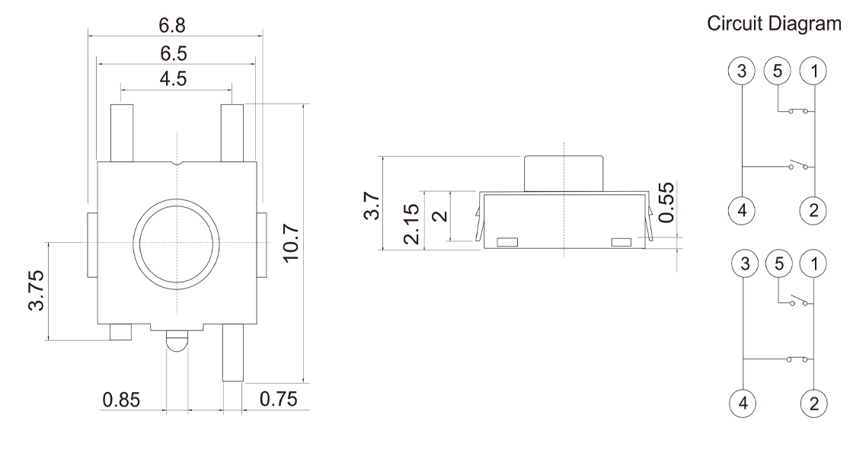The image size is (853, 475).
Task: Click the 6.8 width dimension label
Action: [x=175, y=25]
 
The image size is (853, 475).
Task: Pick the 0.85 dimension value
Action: [x=121, y=400]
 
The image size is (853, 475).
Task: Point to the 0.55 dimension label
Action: [x=667, y=202]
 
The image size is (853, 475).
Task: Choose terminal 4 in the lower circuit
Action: [x=743, y=402]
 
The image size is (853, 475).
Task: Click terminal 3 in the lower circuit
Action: [x=743, y=264]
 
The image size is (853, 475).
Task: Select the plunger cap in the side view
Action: [x=563, y=173]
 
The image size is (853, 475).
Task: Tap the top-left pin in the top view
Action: [x=122, y=133]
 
